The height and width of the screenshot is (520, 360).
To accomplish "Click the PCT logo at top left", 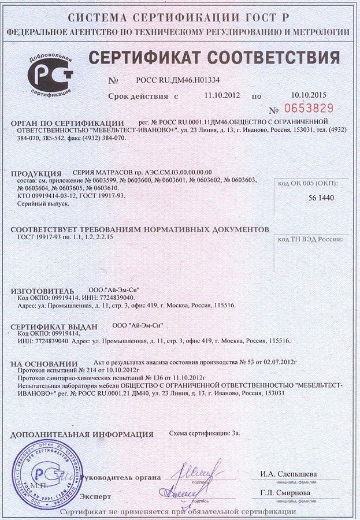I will (51, 75).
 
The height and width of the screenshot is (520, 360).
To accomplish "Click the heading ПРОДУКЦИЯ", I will (36, 173).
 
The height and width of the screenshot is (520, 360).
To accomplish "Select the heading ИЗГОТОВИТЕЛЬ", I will (43, 290).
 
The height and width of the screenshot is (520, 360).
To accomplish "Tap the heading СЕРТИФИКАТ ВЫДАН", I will (57, 326).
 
